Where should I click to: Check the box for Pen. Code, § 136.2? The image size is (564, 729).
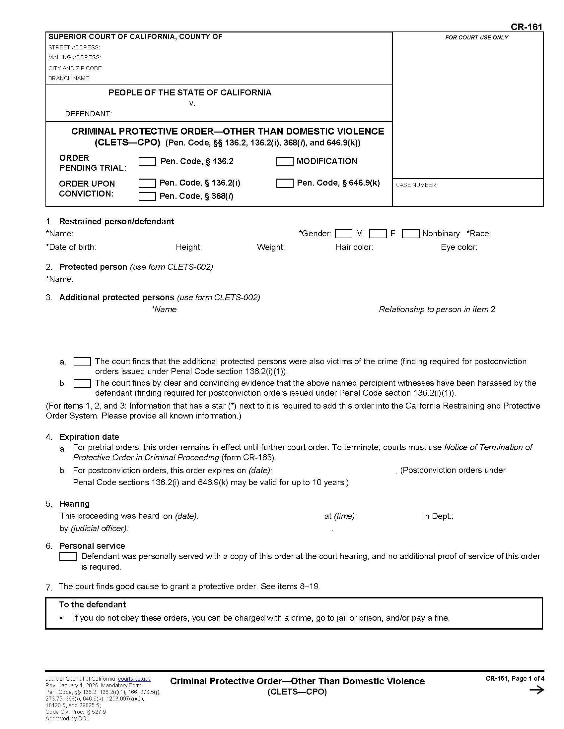coord(147,162)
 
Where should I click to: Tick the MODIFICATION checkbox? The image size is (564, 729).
coord(285,162)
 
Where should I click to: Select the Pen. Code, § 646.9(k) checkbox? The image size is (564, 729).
coord(285,183)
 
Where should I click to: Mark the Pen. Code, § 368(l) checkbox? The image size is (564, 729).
coord(147,196)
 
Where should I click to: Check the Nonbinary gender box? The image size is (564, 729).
coord(410,234)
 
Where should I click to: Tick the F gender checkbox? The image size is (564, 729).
coord(378,234)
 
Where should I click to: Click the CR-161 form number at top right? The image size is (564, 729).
coord(526,27)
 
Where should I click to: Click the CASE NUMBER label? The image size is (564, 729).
coord(416,185)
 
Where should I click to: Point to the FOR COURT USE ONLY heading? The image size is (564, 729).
coord(476,37)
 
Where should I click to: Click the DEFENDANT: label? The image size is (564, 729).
coord(88,114)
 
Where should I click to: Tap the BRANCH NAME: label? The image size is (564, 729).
coord(69,78)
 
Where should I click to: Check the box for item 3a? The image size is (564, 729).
coord(82,362)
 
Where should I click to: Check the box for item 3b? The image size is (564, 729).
coord(82,383)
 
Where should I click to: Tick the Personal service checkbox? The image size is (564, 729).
coord(68,556)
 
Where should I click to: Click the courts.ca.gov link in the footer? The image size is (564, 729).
coord(134,679)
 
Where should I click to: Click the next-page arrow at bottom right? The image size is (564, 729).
coord(536,690)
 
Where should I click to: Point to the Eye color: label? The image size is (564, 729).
coord(459,247)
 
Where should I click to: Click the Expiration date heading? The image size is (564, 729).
coord(89,437)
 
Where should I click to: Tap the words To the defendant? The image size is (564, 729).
coord(92,604)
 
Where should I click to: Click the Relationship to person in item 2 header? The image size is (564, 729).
coord(437,309)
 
